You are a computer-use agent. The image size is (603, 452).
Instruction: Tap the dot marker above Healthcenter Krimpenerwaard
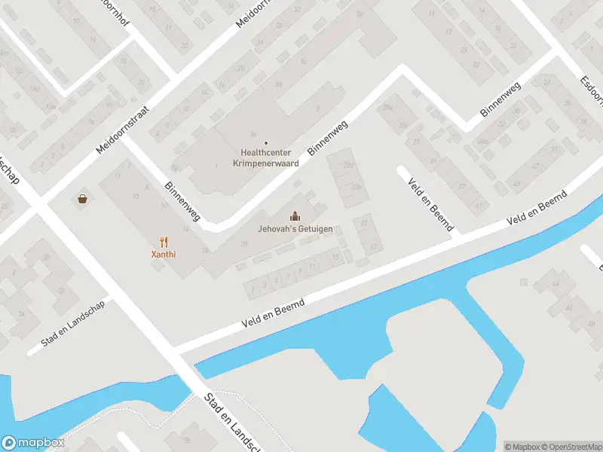pyautogui.click(x=265, y=142)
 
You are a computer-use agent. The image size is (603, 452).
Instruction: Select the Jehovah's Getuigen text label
pyautogui.click(x=295, y=228)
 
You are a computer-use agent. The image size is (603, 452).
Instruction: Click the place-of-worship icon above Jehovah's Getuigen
pyautogui.click(x=295, y=216)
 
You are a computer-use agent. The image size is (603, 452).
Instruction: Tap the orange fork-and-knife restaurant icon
pyautogui.click(x=164, y=242)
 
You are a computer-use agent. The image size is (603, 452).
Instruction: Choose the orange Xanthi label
pyautogui.click(x=164, y=255)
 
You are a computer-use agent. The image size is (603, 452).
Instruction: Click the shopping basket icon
pyautogui.click(x=81, y=199)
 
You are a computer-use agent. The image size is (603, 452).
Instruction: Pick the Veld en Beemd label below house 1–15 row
pyautogui.click(x=273, y=313)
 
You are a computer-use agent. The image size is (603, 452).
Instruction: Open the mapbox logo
pyautogui.click(x=32, y=443)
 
